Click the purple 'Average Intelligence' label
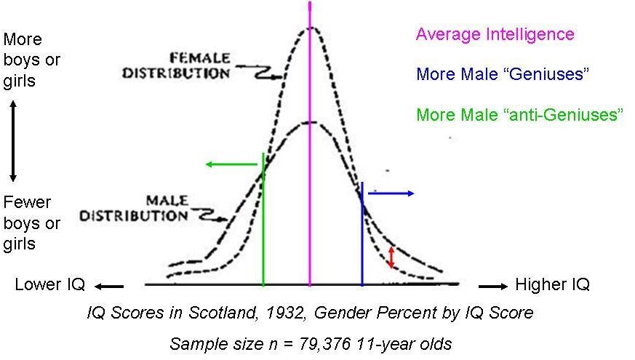point(495,34)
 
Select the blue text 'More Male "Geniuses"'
point(502,74)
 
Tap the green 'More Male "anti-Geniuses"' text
point(520,114)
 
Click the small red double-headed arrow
point(391,257)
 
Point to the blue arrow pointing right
point(391,193)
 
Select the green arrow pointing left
point(231,164)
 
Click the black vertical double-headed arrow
point(13,141)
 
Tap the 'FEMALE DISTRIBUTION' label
point(177,65)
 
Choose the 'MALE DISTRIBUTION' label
point(134,208)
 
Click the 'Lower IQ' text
point(49,284)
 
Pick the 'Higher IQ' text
point(552,284)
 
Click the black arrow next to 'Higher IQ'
point(493,287)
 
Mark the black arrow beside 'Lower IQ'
point(109,287)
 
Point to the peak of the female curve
point(311,27)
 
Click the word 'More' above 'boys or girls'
point(23,39)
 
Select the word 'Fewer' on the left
point(27,202)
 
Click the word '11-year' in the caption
point(385,345)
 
